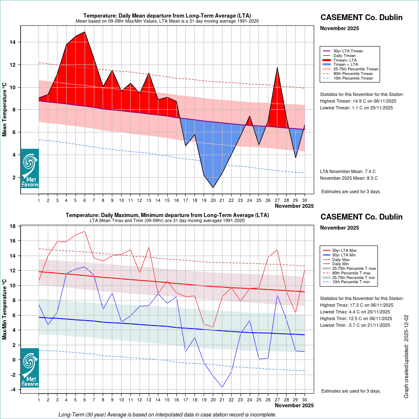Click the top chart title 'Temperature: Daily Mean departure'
click(167, 16)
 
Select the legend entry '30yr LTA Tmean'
click(348, 51)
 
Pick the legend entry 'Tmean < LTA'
click(345, 65)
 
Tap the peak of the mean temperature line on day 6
click(85, 32)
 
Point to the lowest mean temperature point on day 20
click(213, 187)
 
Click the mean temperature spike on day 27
click(277, 67)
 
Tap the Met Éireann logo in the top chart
click(30, 168)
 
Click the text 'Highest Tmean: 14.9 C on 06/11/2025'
click(358, 101)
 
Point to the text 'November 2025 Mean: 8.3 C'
click(349, 178)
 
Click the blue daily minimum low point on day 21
click(222, 387)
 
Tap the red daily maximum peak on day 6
click(85, 231)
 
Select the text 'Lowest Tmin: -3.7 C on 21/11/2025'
click(356, 325)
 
